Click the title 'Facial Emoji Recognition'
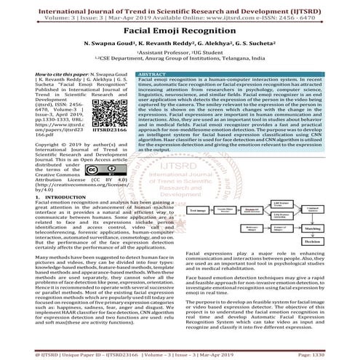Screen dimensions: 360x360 click(180, 33)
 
